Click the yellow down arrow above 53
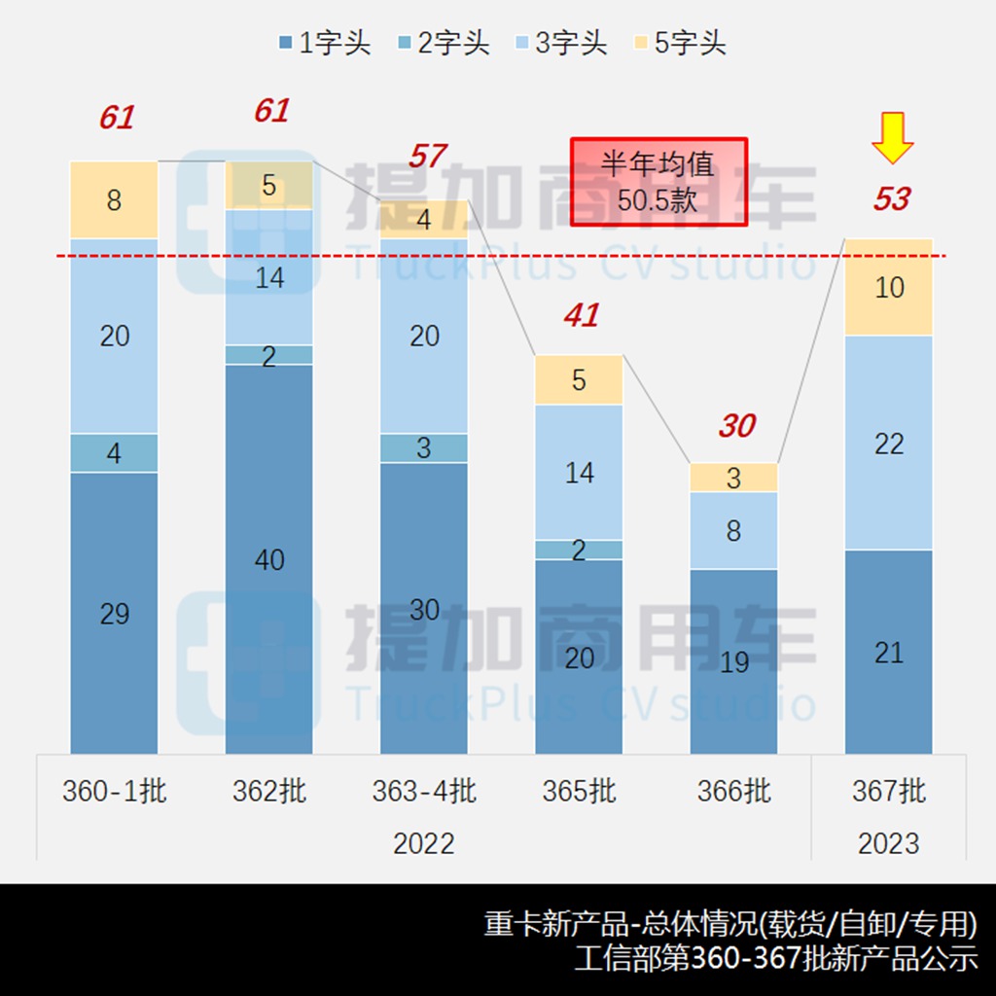[892, 138]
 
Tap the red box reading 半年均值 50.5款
[658, 181]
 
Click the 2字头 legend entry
[444, 43]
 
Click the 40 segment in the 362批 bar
[269, 559]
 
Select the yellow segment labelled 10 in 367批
[889, 288]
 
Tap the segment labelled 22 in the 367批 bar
[889, 444]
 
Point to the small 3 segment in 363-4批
[424, 448]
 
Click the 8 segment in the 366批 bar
[734, 531]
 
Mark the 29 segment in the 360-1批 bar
[114, 614]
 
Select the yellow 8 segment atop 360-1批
[114, 200]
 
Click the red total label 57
[427, 156]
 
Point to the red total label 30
[736, 426]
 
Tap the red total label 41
[582, 315]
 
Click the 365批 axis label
[580, 792]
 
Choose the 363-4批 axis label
[424, 792]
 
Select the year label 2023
[889, 843]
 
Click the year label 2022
[424, 843]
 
